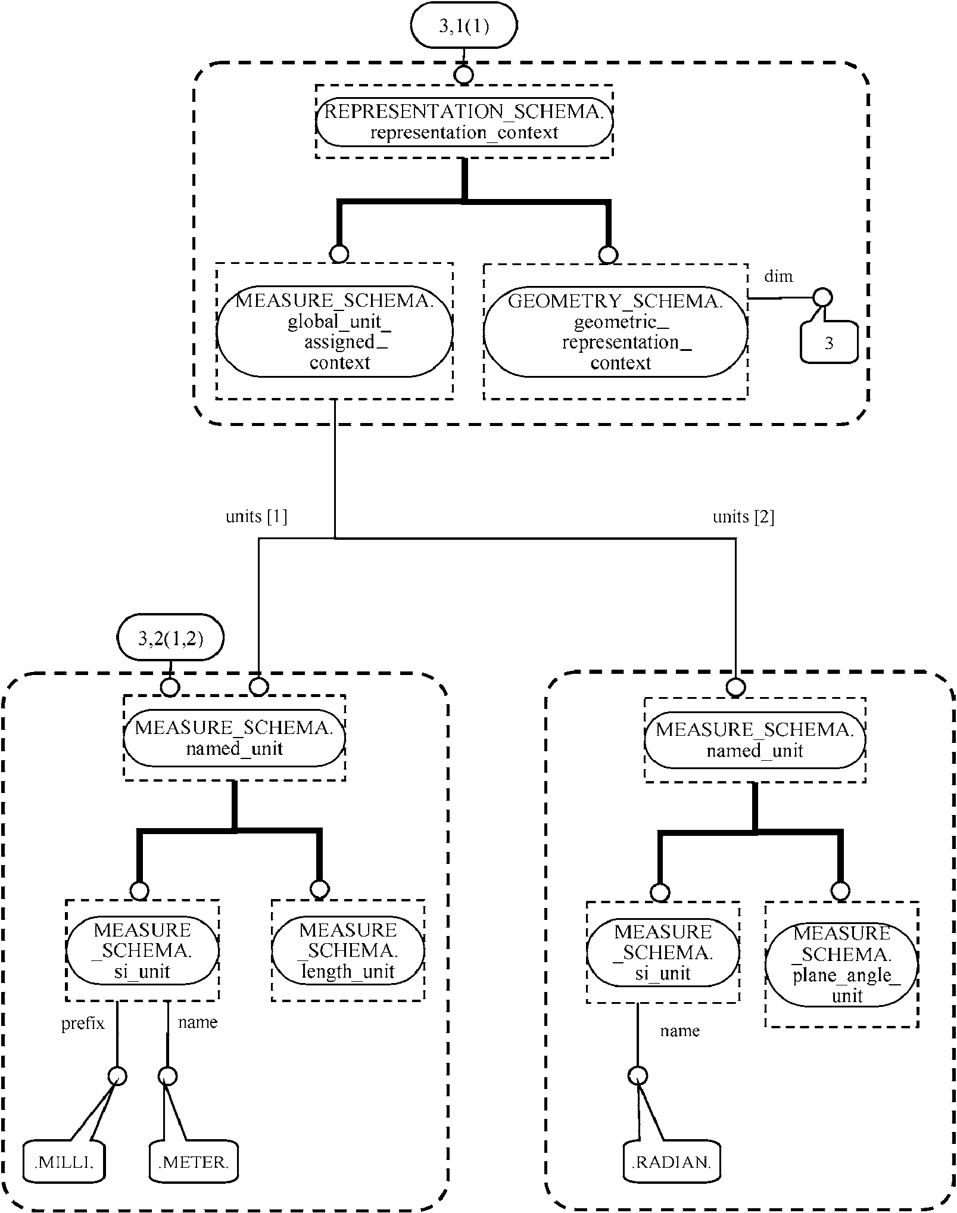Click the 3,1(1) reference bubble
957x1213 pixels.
(463, 25)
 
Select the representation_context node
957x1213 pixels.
(464, 122)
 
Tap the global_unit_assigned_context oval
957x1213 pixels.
(334, 331)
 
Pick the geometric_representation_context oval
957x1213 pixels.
(615, 332)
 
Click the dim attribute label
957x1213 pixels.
(778, 276)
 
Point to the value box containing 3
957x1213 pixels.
(828, 343)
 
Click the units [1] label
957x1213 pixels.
(256, 517)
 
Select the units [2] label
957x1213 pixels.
(743, 517)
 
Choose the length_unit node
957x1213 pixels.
(348, 950)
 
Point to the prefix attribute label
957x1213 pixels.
(83, 1024)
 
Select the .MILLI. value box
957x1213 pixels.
(64, 1162)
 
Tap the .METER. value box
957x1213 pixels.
(193, 1162)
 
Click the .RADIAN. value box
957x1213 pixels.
(671, 1162)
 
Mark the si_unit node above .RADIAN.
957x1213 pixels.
(662, 952)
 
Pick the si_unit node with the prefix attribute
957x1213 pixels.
(142, 950)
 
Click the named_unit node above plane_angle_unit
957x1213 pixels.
(755, 740)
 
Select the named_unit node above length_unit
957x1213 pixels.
(234, 738)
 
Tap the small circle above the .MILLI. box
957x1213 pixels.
(117, 1077)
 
